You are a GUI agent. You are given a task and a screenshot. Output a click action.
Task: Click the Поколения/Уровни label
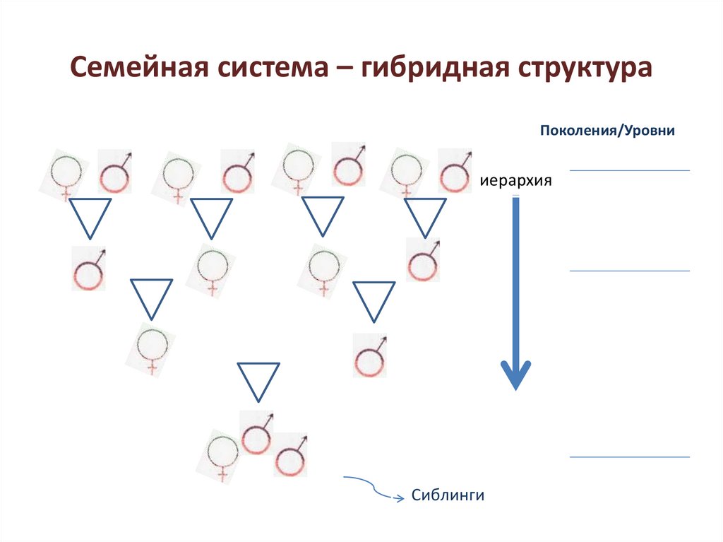pyautogui.click(x=607, y=131)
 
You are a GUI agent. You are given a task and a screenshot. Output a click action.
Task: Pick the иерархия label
pyautogui.click(x=515, y=181)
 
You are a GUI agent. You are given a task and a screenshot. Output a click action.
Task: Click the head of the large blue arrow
pyautogui.click(x=515, y=375)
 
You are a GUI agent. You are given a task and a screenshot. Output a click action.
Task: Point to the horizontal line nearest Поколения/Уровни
pyautogui.click(x=629, y=170)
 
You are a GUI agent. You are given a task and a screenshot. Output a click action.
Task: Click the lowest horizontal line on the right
pyautogui.click(x=629, y=457)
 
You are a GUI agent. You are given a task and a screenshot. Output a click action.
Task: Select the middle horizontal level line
pyautogui.click(x=629, y=271)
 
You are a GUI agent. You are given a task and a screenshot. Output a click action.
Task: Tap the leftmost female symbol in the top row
pyautogui.click(x=66, y=172)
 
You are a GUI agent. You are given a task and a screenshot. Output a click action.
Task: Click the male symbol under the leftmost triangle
pyautogui.click(x=89, y=269)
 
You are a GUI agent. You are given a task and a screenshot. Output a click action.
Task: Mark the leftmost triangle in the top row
pyautogui.click(x=90, y=216)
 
